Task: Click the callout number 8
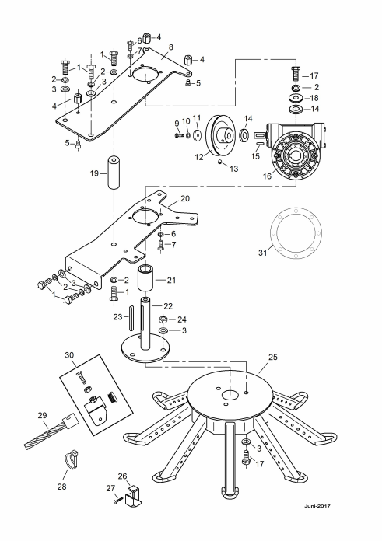[170, 47]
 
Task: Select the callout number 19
[95, 173]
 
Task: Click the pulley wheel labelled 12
[221, 136]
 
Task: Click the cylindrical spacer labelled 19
[114, 172]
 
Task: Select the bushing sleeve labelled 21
[146, 278]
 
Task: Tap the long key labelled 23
[131, 317]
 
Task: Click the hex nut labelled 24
[163, 319]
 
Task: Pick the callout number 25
[273, 357]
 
